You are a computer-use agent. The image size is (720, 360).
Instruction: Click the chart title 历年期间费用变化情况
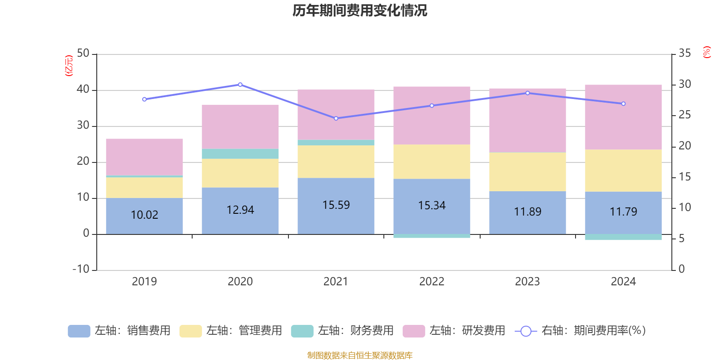point(360,10)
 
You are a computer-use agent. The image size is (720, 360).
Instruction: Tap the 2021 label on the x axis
point(336,282)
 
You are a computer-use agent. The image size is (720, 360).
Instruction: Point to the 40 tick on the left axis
point(83,90)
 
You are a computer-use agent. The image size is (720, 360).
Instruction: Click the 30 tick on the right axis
point(684,84)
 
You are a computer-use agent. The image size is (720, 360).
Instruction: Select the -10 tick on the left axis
point(81,269)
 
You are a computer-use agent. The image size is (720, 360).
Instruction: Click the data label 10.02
point(144,215)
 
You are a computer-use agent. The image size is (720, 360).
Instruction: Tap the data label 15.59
point(336,205)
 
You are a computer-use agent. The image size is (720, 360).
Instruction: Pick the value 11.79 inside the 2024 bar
point(623,212)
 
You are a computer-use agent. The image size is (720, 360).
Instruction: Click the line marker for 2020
point(240,85)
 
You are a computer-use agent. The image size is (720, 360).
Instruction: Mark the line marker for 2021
point(336,118)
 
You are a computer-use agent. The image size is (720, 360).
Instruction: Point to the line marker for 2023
point(527,93)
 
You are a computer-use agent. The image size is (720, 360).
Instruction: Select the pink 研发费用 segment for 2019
point(144,157)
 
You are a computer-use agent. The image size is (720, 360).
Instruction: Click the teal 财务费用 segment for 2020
point(240,154)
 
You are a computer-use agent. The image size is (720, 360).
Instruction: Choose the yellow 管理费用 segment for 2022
point(432,162)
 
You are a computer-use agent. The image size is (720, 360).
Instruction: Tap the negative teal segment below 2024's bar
point(623,237)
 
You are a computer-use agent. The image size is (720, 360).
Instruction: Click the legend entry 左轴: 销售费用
point(119,331)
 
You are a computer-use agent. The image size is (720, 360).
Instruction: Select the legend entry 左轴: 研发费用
point(454,331)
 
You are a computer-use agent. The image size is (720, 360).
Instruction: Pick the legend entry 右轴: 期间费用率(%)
point(580,331)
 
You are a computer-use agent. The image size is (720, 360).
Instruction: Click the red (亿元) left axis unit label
point(69,66)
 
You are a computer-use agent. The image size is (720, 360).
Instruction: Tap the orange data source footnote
point(360,355)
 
